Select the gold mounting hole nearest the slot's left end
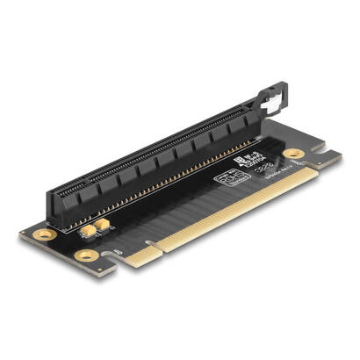pos(40,235)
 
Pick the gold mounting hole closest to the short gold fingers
pos(86,256)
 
